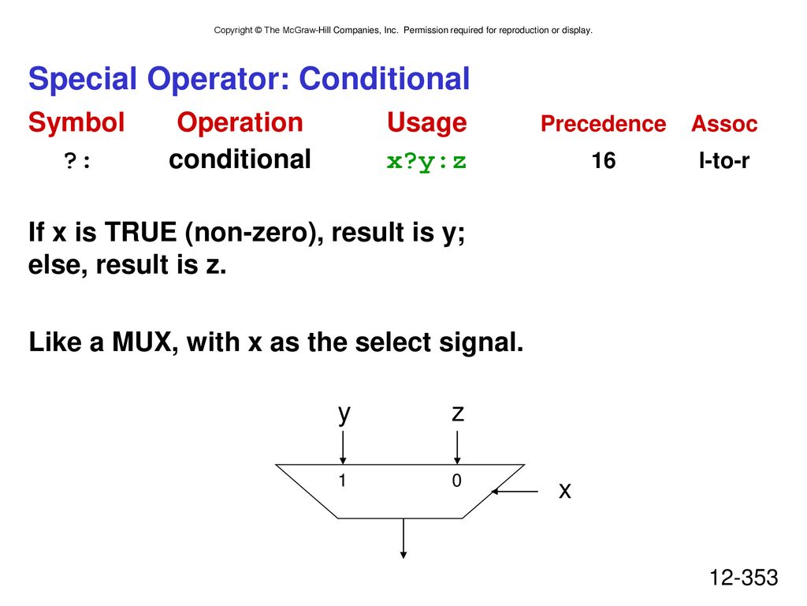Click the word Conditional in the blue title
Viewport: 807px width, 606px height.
point(384,79)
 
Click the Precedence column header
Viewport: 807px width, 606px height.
point(603,124)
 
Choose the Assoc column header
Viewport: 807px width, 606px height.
point(724,124)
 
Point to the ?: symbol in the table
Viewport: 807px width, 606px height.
point(77,161)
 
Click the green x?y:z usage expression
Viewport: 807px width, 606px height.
point(426,161)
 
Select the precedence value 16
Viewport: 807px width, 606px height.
point(603,161)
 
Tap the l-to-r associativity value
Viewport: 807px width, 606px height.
point(723,161)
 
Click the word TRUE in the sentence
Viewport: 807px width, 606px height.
point(140,232)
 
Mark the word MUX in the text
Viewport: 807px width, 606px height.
point(142,342)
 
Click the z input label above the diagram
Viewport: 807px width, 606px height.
point(458,413)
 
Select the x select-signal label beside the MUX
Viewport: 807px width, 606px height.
point(565,491)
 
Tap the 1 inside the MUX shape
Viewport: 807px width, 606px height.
point(342,481)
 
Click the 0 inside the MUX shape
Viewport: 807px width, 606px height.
point(456,481)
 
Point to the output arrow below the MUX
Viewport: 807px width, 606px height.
point(403,538)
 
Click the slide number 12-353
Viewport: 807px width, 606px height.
point(744,578)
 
